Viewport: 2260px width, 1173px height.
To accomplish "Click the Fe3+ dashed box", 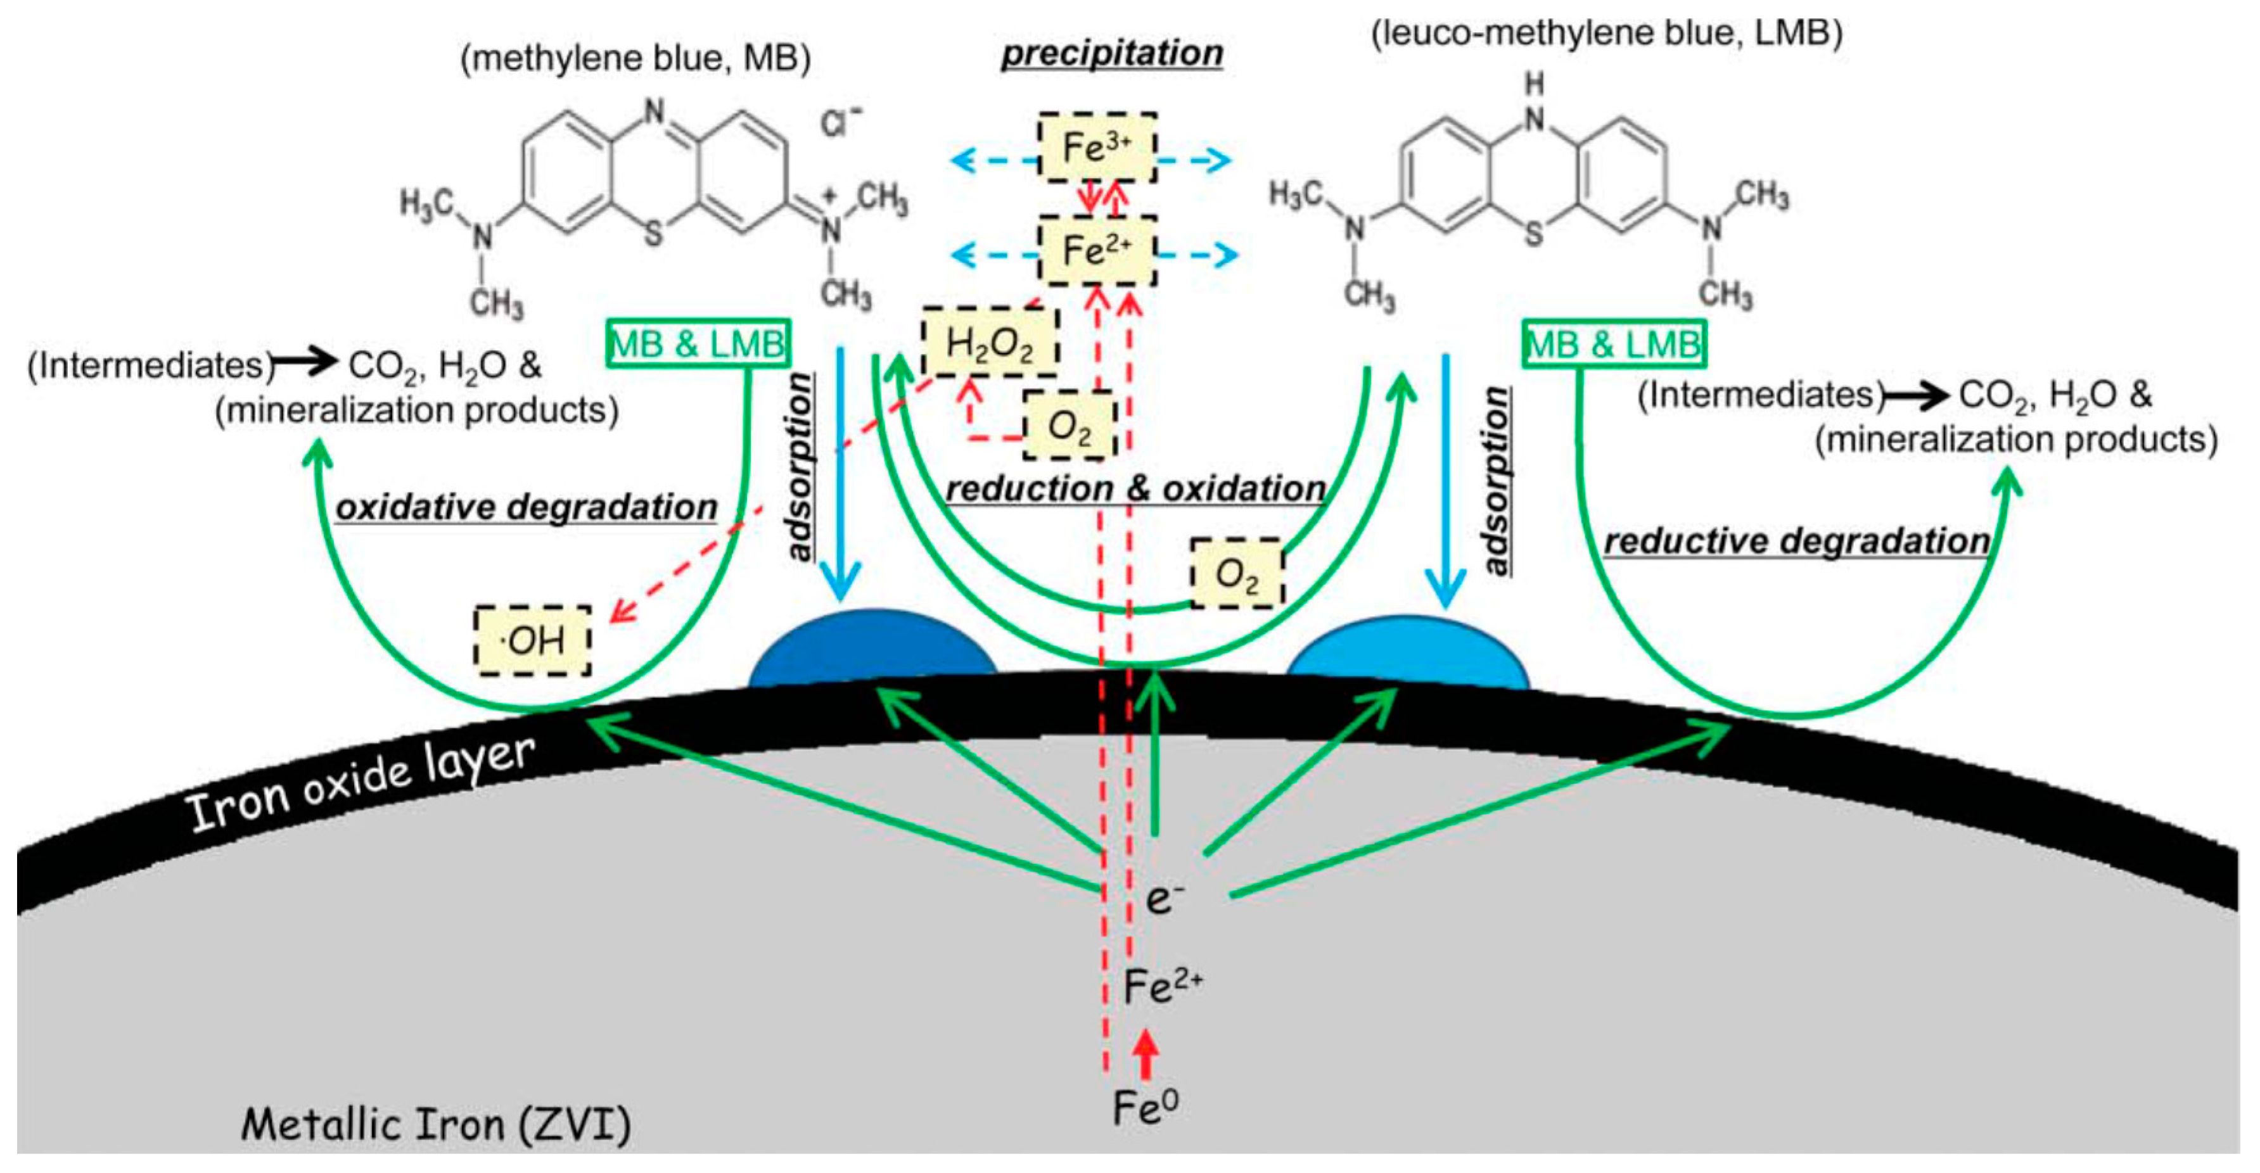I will click(x=1097, y=148).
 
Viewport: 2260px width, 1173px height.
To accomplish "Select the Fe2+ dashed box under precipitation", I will click(x=1097, y=251).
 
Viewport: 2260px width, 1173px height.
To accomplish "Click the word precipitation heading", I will click(x=1111, y=53).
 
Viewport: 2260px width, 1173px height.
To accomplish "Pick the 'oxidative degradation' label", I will click(x=527, y=507).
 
